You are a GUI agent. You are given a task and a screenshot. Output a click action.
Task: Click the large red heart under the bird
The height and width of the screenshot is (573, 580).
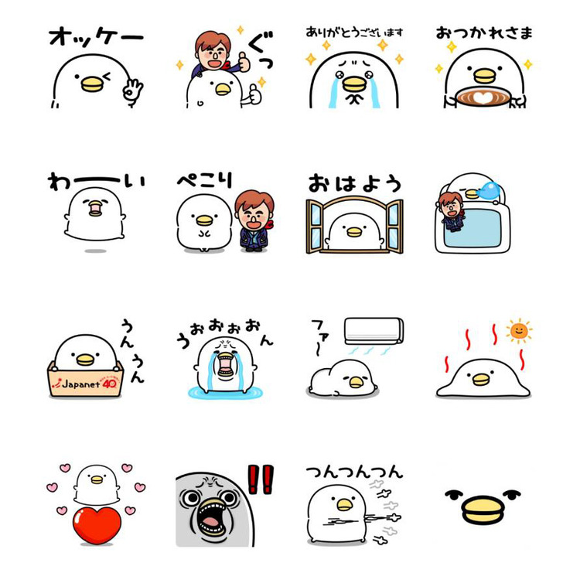point(97,525)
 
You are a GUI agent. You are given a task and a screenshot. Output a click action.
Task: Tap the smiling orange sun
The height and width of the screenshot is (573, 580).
point(519,330)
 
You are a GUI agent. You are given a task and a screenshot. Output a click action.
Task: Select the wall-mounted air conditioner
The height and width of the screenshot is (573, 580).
point(374,330)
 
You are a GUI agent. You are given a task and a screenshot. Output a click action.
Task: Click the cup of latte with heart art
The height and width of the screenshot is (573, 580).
point(483,97)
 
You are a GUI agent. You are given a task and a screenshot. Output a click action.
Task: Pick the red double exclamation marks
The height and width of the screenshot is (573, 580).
point(261,479)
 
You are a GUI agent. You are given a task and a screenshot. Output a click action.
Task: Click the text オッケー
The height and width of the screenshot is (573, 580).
point(96,37)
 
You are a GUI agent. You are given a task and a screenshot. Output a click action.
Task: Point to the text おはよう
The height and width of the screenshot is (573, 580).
point(355,183)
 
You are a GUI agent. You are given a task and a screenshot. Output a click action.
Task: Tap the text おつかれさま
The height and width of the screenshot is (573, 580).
point(484,33)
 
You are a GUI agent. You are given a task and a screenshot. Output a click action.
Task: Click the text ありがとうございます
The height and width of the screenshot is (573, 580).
point(354,32)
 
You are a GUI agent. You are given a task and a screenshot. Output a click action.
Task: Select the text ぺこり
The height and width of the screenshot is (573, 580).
point(205,180)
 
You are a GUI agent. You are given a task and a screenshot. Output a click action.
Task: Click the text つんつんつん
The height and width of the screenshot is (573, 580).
point(354,472)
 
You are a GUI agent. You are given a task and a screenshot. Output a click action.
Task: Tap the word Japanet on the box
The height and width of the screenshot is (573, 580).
point(81,384)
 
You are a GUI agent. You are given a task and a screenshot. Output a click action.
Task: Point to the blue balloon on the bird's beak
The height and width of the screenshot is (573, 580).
point(489,191)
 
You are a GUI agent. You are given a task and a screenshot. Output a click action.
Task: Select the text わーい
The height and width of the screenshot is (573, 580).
point(97,181)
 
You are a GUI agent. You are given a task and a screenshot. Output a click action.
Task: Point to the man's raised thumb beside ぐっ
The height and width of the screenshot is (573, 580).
point(244,61)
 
